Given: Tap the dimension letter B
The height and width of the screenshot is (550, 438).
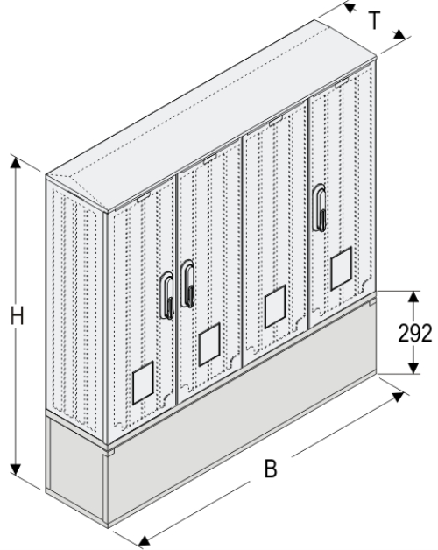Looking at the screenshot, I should [272, 470].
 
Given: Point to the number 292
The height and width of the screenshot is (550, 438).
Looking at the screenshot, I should [414, 333].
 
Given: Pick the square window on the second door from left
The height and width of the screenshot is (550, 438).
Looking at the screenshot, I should [208, 344].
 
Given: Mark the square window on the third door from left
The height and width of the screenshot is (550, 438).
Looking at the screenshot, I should [277, 302].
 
